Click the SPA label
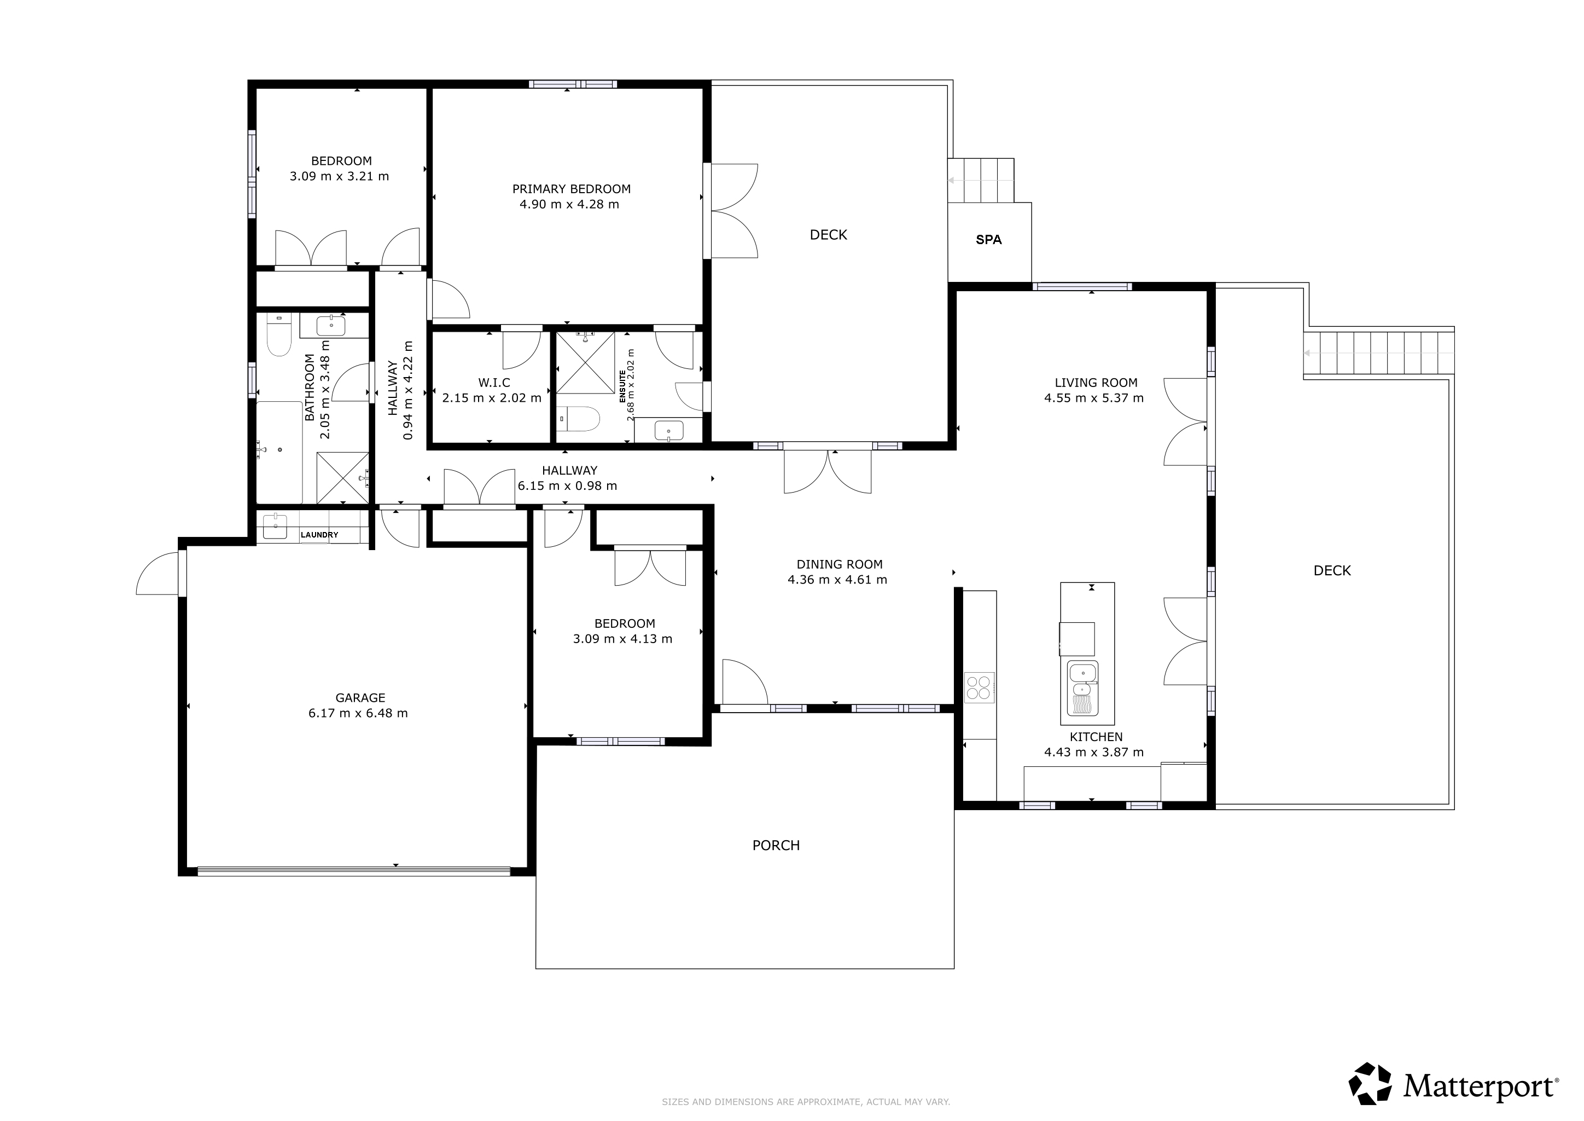(x=988, y=240)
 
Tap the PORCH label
(x=776, y=846)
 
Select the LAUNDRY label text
(x=319, y=535)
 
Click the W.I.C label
(x=494, y=383)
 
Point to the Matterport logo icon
(x=1370, y=1083)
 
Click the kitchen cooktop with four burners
(x=979, y=687)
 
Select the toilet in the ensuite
(x=578, y=418)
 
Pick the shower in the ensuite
(x=585, y=363)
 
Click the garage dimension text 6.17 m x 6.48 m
(x=358, y=713)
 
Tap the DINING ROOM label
(x=840, y=564)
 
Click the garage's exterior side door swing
(x=158, y=574)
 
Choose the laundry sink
(x=275, y=526)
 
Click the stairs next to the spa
(x=981, y=180)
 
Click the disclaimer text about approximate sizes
(x=806, y=1102)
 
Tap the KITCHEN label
(x=1096, y=737)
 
